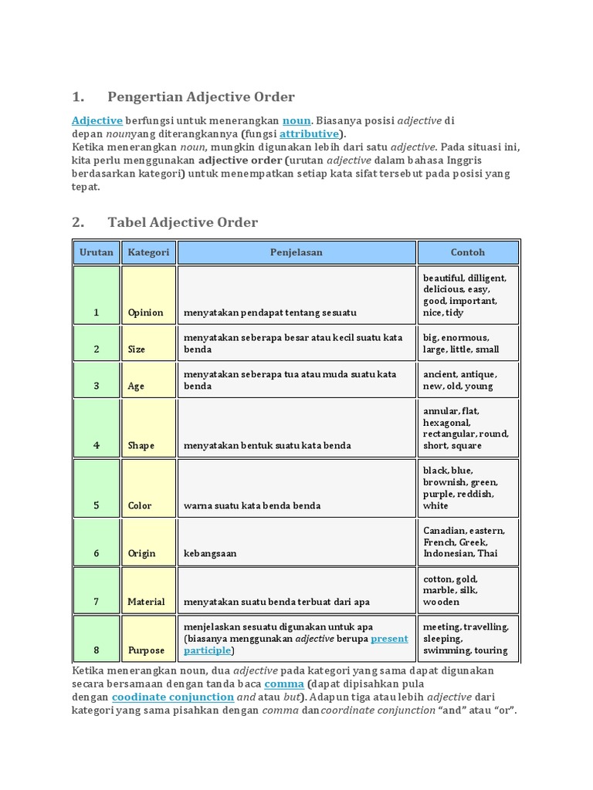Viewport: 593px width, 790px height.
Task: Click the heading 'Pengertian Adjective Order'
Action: tap(201, 97)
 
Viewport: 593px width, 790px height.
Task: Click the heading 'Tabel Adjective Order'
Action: tap(182, 223)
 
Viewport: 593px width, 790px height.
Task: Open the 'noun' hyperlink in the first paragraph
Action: tap(296, 120)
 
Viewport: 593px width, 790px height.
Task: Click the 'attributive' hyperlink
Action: tap(309, 133)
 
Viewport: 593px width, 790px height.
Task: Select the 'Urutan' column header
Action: tap(97, 252)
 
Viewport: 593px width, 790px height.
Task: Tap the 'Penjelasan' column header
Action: tap(296, 252)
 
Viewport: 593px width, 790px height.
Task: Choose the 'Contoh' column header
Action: tap(468, 252)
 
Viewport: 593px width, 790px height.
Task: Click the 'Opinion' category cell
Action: tap(146, 312)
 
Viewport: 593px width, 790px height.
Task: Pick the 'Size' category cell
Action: tap(137, 349)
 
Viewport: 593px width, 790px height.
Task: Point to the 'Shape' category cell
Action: tap(141, 445)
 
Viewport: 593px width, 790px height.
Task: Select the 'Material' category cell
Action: tap(147, 602)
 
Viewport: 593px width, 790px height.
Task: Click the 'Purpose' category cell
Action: tap(146, 650)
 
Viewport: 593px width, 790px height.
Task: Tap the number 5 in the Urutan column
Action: tap(97, 506)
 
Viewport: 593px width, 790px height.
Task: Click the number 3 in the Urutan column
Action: tap(97, 387)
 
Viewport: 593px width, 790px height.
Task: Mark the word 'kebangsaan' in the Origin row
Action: tap(210, 554)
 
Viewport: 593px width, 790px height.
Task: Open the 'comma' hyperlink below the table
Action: tap(284, 684)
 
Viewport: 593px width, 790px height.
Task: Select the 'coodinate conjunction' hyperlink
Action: tap(173, 697)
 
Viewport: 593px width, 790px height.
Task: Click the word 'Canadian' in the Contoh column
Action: tap(442, 531)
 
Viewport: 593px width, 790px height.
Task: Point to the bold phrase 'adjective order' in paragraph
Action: tap(240, 160)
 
